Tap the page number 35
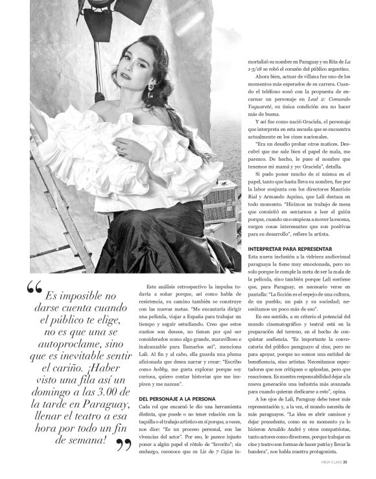point(346,462)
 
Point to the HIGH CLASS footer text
point(329,462)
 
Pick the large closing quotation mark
point(121,445)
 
